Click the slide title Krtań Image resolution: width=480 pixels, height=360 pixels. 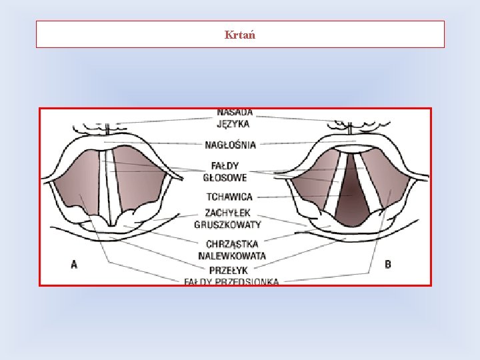pos(239,35)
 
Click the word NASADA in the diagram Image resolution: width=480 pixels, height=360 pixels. pos(234,113)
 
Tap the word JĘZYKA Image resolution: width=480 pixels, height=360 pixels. pos(234,123)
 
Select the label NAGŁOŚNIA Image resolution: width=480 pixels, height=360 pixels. pos(231,144)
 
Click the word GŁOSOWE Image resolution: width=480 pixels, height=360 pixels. pos(226,177)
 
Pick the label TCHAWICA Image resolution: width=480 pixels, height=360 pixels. pos(229,197)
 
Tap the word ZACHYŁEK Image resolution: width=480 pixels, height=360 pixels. pos(228,213)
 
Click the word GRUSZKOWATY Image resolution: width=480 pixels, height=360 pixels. pos(228,224)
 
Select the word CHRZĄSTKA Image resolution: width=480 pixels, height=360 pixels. pos(232,244)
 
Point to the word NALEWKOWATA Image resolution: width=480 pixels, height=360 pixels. pos(232,255)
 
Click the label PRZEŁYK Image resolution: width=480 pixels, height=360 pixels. pos(229,270)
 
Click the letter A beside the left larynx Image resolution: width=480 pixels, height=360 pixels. pos(74,265)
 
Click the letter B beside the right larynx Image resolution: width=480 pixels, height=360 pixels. pos(388,265)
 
